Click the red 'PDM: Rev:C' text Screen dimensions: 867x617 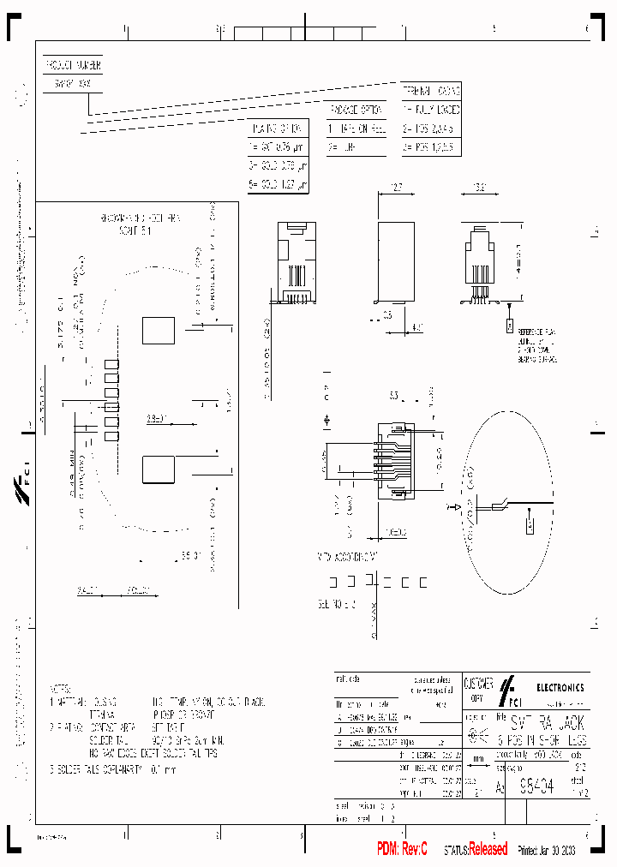pos(402,849)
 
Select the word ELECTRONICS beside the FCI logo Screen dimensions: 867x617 pos(560,687)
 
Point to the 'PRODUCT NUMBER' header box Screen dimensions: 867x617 pos(73,65)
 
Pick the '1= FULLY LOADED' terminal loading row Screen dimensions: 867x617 pos(431,111)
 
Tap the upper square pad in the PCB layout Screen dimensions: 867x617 pos(158,331)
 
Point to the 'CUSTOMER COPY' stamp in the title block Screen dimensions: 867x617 pos(478,688)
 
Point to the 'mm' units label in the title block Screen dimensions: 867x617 pos(478,759)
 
